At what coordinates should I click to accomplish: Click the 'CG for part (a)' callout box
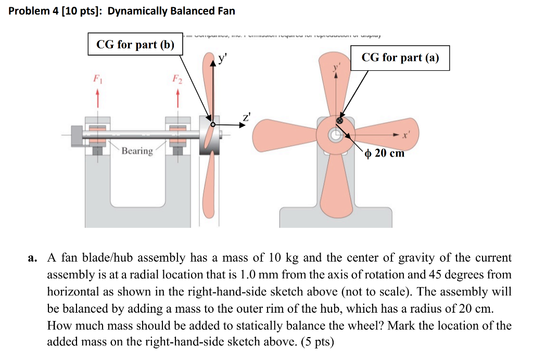pos(400,58)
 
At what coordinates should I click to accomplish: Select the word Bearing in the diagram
pos(137,151)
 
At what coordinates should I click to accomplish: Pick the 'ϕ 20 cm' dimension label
pos(385,153)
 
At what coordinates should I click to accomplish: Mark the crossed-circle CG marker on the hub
pos(340,120)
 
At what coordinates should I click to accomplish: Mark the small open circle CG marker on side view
pos(212,124)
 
